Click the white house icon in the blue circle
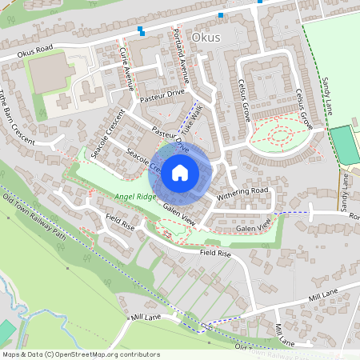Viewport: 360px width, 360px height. coord(180,172)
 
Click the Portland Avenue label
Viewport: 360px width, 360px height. coord(179,54)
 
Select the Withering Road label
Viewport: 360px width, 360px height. coord(242,191)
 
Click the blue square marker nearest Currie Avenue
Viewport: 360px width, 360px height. coord(141,30)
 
